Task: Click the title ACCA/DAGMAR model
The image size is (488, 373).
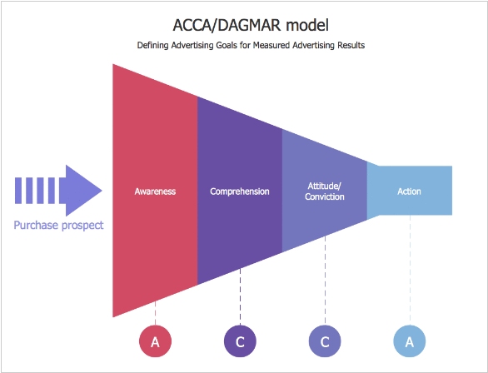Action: [251, 25]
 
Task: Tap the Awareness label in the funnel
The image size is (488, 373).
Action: [155, 191]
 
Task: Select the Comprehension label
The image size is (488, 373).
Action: [240, 191]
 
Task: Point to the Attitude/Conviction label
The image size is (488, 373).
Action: [325, 191]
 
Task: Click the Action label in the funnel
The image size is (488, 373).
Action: [409, 191]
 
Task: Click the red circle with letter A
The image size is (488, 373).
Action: [155, 341]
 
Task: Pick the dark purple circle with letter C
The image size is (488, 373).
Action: [240, 341]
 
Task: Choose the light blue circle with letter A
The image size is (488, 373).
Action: [410, 341]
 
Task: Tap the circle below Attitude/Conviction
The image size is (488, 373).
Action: [325, 341]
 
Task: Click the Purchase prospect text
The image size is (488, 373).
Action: [58, 226]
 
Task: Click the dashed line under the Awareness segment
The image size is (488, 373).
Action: [155, 313]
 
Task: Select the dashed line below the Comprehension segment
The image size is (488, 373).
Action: [240, 296]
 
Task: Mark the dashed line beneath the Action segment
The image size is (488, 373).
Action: [410, 270]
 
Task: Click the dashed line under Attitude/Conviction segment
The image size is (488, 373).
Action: [326, 281]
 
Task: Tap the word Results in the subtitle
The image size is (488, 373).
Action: [351, 46]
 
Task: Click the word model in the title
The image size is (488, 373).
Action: [307, 25]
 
